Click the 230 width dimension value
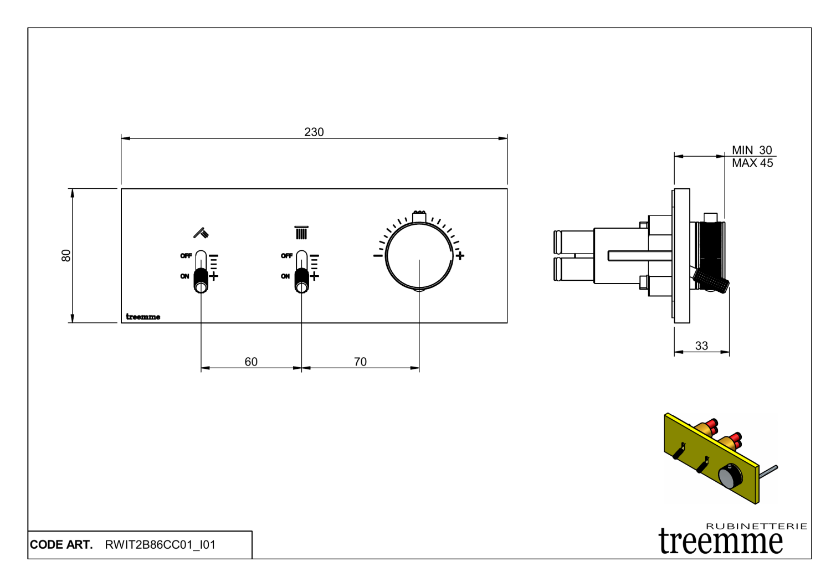314,132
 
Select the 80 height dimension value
66,255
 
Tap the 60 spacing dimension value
251,362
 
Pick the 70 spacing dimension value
360,362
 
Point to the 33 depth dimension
701,346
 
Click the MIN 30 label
752,150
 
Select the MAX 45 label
752,163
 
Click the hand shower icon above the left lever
201,232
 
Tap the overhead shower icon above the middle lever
301,232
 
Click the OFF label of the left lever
186,256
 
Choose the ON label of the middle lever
285,276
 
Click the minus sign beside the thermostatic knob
378,255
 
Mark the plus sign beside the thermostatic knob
460,255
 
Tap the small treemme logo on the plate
143,317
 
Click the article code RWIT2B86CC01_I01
160,545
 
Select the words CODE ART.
61,545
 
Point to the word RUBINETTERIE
756,526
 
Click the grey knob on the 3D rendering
730,476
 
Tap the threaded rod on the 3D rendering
768,471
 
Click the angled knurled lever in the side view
712,281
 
